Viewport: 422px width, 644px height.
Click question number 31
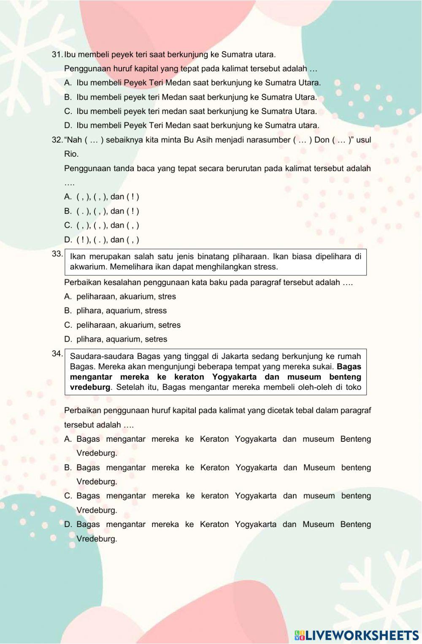click(x=57, y=54)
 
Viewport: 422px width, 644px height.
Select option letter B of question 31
click(x=68, y=97)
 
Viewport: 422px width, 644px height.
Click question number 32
click(x=57, y=140)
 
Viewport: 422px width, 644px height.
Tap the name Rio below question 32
click(x=71, y=154)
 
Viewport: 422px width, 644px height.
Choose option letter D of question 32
click(x=68, y=240)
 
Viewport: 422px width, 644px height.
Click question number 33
click(x=57, y=254)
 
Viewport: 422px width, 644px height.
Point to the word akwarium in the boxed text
click(x=84, y=267)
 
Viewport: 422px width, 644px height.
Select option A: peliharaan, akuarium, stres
click(x=126, y=296)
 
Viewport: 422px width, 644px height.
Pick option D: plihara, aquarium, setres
click(x=122, y=339)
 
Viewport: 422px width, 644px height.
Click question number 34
click(x=57, y=353)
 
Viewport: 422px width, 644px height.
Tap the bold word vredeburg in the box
click(x=90, y=387)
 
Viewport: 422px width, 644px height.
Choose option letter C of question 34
click(x=68, y=496)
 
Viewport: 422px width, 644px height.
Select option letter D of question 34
click(x=68, y=524)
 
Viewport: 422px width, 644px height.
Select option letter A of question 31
click(x=68, y=83)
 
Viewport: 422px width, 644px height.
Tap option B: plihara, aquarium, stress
click(x=121, y=311)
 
